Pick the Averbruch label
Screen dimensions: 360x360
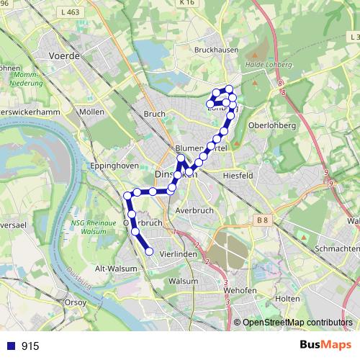[192, 211]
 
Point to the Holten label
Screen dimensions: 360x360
[288, 298]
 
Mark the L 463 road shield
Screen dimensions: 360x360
[70, 12]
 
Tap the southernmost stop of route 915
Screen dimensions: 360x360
[150, 251]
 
